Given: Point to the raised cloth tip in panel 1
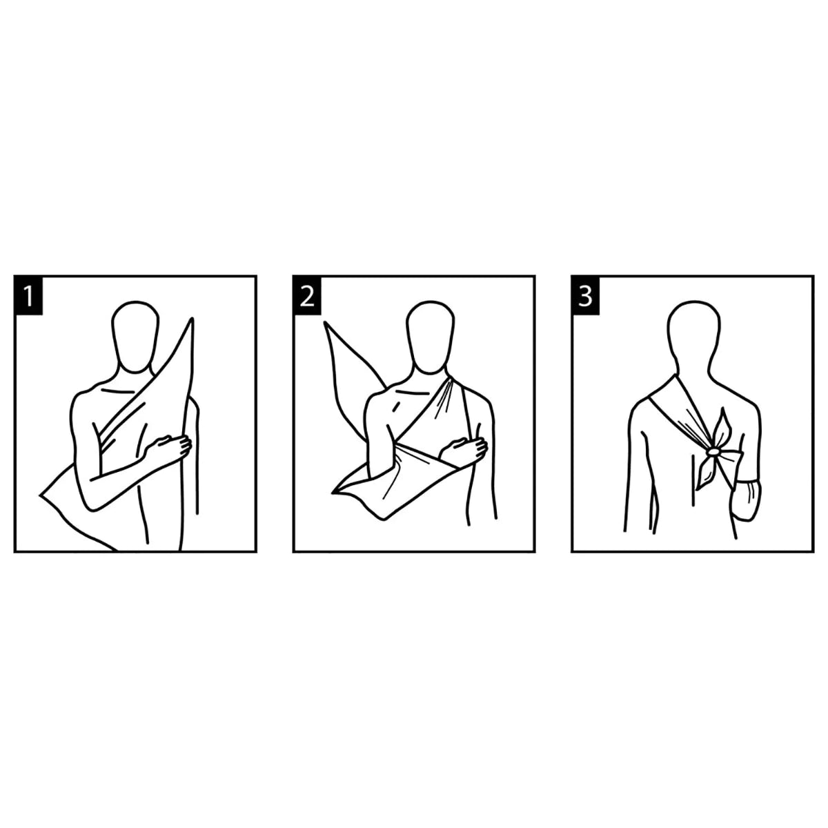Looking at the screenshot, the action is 192,319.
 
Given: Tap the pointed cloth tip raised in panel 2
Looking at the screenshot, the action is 326,322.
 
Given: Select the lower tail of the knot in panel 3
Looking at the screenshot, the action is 704,473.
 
